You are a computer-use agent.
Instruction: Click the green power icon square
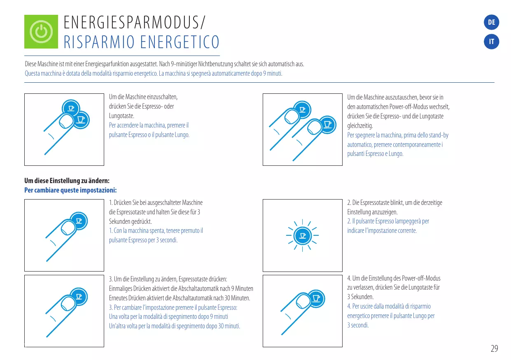tap(41, 32)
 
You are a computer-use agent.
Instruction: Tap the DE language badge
tap(491, 23)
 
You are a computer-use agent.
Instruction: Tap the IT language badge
tap(491, 42)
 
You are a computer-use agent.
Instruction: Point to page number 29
tap(494, 348)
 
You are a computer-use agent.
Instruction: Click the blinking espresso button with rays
tap(303, 236)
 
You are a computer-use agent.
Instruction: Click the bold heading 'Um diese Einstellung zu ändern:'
tap(67, 181)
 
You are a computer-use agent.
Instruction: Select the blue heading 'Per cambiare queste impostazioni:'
tap(70, 190)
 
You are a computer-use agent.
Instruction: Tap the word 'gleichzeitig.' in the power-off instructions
tap(360, 125)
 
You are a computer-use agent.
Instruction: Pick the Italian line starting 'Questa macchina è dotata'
tap(153, 74)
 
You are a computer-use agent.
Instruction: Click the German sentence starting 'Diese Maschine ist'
tap(164, 65)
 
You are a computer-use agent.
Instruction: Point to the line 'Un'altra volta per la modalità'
tap(174, 326)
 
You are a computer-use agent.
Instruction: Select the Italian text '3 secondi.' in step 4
tap(358, 325)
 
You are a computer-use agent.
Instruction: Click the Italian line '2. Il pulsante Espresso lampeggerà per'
tap(388, 221)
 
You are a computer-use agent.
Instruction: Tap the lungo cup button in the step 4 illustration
tap(316, 297)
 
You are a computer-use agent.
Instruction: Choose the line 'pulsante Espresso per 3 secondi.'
tap(143, 240)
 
